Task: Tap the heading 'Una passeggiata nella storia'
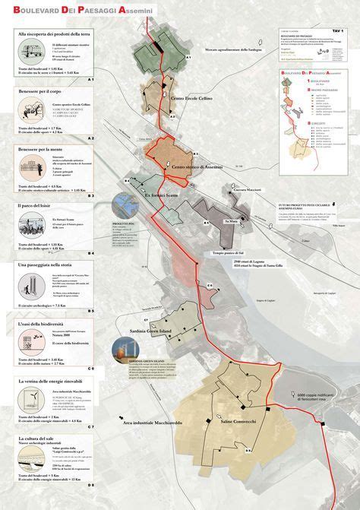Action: (48, 264)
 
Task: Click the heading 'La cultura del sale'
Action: (39, 439)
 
